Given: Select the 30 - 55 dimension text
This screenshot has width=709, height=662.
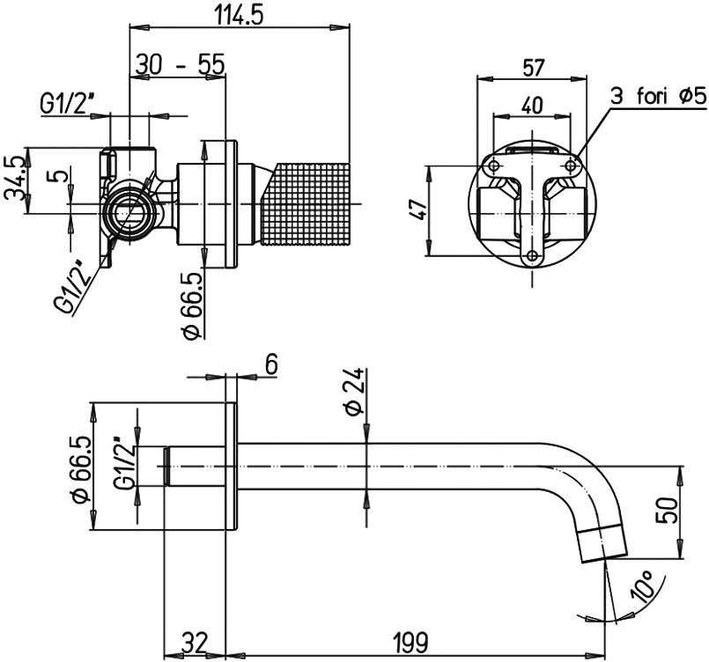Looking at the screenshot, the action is tap(180, 64).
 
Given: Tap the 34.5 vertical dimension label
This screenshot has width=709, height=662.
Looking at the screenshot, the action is tap(14, 178).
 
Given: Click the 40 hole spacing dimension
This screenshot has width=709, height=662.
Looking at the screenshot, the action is tap(532, 105).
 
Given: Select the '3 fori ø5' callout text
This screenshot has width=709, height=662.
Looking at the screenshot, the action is tap(657, 96).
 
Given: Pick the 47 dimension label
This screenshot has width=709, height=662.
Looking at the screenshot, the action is tap(419, 210).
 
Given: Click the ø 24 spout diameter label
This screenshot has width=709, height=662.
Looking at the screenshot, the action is tap(354, 391).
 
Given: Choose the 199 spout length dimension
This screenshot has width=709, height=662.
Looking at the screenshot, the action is tap(410, 642).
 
